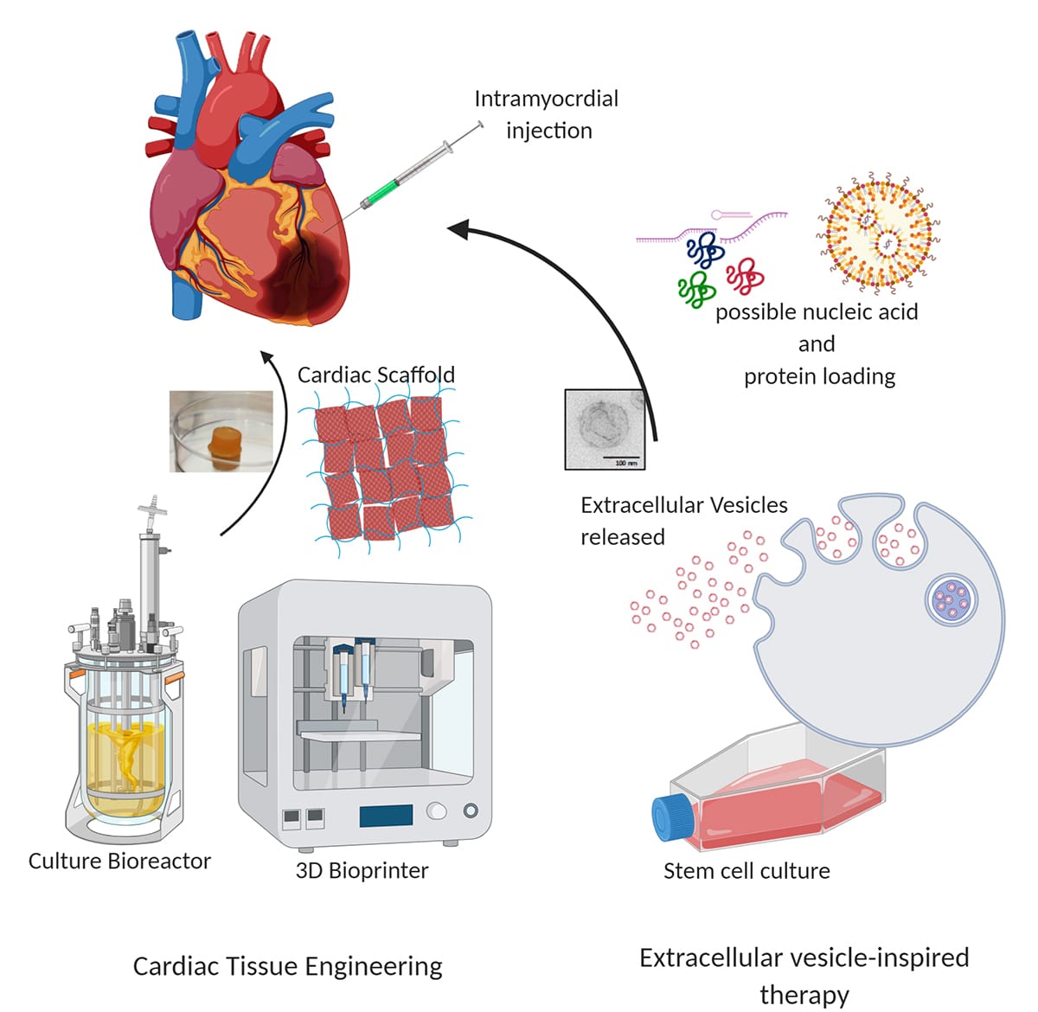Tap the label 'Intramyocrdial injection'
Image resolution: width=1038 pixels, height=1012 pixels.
pos(547,114)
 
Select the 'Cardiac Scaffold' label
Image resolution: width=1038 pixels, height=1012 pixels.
pos(375,375)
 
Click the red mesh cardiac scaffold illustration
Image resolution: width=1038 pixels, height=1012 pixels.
pos(381,467)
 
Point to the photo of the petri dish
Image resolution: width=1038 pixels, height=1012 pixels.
pos(221,432)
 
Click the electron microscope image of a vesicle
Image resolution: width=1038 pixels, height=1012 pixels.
pos(605,429)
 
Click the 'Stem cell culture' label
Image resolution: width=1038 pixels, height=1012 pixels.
pos(746,870)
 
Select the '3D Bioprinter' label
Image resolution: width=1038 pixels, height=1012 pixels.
pos(362,870)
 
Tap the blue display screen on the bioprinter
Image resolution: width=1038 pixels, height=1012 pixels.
pos(386,815)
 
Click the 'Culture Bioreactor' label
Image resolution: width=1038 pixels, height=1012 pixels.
pos(119,861)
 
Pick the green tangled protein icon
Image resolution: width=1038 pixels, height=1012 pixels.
pos(696,288)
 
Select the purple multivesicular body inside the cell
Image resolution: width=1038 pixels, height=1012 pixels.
pos(951,599)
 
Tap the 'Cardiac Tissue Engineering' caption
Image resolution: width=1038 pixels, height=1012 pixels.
pos(287,965)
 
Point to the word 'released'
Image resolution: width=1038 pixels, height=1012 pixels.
pos(622,537)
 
